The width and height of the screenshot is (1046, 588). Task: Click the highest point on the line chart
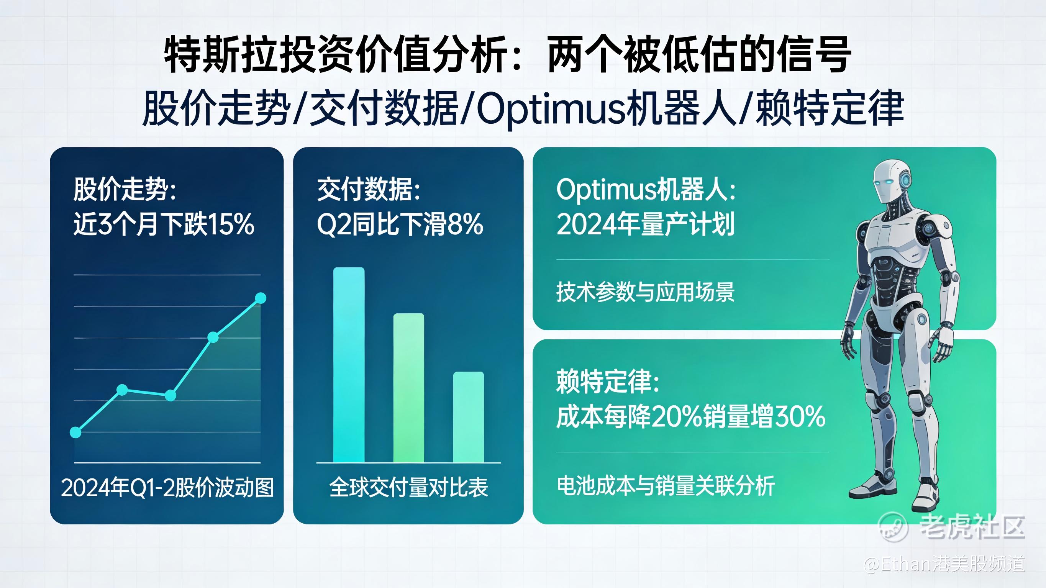261,298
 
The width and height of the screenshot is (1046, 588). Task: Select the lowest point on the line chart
75,432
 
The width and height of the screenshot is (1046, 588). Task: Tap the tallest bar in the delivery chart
349,365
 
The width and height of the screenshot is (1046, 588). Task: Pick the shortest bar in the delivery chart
469,417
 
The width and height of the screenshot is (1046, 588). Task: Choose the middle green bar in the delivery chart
408,388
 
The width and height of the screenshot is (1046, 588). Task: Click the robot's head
890,182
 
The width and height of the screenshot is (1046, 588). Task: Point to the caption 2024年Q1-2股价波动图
167,487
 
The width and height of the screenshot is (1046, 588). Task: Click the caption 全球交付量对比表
408,487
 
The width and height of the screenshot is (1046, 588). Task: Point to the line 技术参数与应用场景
646,292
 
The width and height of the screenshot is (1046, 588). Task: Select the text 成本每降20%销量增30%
691,416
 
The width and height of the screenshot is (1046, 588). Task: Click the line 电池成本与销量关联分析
666,485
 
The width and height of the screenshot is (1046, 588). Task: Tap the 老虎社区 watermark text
972,527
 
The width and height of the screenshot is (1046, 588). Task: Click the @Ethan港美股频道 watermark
944,564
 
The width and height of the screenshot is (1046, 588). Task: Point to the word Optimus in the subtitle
550,109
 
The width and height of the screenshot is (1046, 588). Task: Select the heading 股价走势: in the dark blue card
125,189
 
